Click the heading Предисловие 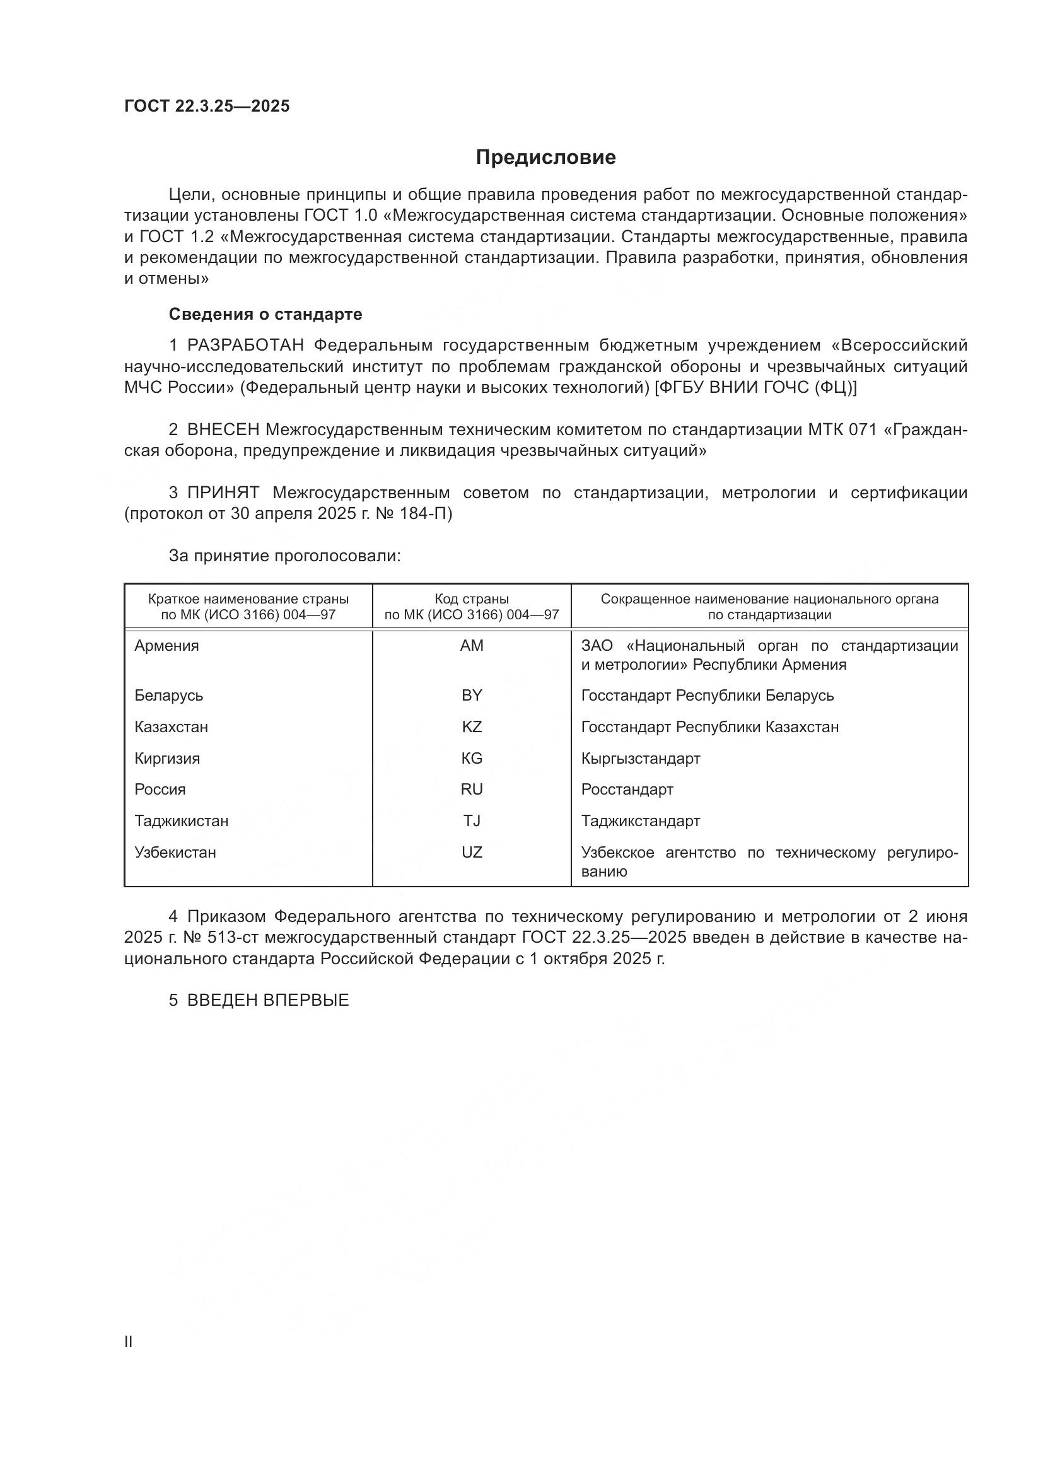coord(545,158)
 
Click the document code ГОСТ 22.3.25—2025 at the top coord(207,106)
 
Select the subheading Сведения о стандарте coord(265,314)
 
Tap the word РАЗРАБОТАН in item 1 coord(245,346)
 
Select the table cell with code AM coord(472,646)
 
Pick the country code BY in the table coord(472,695)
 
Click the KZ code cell coord(472,726)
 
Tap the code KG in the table coord(472,758)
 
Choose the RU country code coord(472,789)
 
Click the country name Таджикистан coord(181,820)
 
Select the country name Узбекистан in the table coord(175,853)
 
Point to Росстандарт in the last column coord(627,789)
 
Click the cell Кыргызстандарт coord(640,758)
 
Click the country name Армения coord(166,646)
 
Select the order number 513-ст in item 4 coord(236,937)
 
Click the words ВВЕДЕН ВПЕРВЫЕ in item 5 coord(268,1000)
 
